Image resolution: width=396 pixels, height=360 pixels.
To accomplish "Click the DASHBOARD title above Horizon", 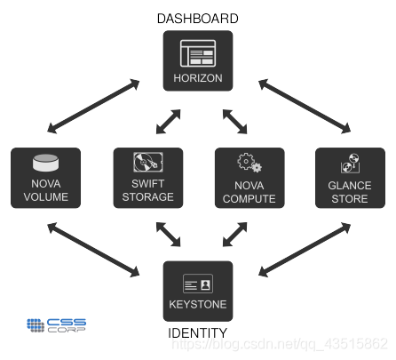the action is (198, 19).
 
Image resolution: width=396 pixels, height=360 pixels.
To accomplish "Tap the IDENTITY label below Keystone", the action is (198, 333).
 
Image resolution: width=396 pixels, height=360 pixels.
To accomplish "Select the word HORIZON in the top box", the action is (198, 78).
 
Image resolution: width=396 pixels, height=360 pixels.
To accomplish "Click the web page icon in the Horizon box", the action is (198, 53).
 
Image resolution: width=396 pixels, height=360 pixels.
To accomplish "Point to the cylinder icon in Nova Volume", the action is (45, 163).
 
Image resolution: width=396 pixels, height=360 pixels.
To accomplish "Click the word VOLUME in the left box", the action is (46, 197).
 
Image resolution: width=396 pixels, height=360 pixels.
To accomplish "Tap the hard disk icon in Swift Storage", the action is (148, 162).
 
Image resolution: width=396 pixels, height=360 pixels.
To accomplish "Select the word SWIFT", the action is (148, 184).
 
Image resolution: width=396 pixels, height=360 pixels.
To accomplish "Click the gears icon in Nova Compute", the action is (249, 163).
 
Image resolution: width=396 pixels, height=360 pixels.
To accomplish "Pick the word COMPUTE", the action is (249, 199).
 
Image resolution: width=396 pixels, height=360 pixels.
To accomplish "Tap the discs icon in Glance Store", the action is (350, 164).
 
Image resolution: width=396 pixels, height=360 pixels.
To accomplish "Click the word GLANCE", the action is (350, 186).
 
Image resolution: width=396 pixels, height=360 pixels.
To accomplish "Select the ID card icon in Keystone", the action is (198, 284).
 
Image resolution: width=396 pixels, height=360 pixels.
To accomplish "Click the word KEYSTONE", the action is (198, 304).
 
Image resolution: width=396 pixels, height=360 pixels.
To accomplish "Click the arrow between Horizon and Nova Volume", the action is (93, 106).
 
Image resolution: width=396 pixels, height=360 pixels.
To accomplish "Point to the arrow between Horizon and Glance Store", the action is (305, 106).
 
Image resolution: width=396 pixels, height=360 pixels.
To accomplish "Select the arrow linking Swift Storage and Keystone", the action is (168, 235).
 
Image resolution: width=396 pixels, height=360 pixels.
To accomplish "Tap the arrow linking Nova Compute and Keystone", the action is (234, 235).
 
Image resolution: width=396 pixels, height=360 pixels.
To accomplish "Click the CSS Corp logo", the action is (56, 325).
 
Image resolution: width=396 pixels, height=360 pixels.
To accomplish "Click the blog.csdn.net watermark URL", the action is (280, 344).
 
